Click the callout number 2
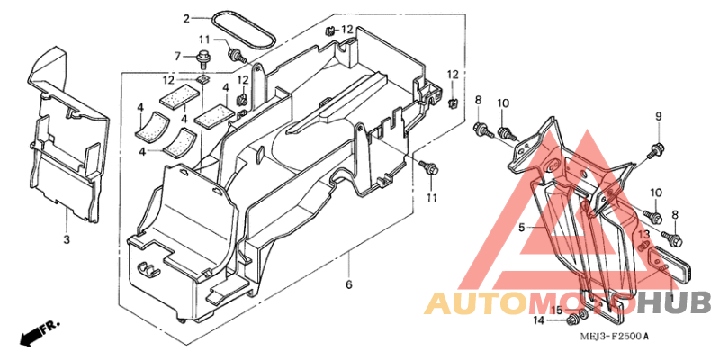click(x=186, y=19)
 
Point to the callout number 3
click(x=67, y=239)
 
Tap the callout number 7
click(x=177, y=57)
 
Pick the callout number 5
click(x=522, y=227)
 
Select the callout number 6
click(x=349, y=284)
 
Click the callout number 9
click(x=659, y=116)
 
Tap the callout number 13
click(x=643, y=235)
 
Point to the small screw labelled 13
click(x=643, y=247)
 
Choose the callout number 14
click(x=538, y=320)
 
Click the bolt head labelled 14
click(x=572, y=319)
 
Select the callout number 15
click(x=556, y=310)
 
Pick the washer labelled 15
click(x=583, y=314)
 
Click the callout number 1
click(x=671, y=299)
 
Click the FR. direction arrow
click(x=39, y=334)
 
